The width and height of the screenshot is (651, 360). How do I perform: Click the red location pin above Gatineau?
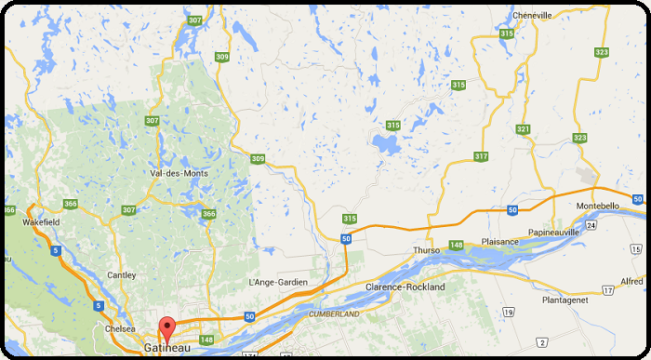coord(166,328)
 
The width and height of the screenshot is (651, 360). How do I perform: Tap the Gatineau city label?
coord(167,347)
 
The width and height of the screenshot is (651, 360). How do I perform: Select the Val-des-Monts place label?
coord(179,173)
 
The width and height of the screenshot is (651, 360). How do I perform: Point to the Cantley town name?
coord(121,275)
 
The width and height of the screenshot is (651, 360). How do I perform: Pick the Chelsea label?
coord(122,328)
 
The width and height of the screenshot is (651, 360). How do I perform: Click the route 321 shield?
coord(523,129)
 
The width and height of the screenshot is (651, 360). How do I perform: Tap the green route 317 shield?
coord(481,156)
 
